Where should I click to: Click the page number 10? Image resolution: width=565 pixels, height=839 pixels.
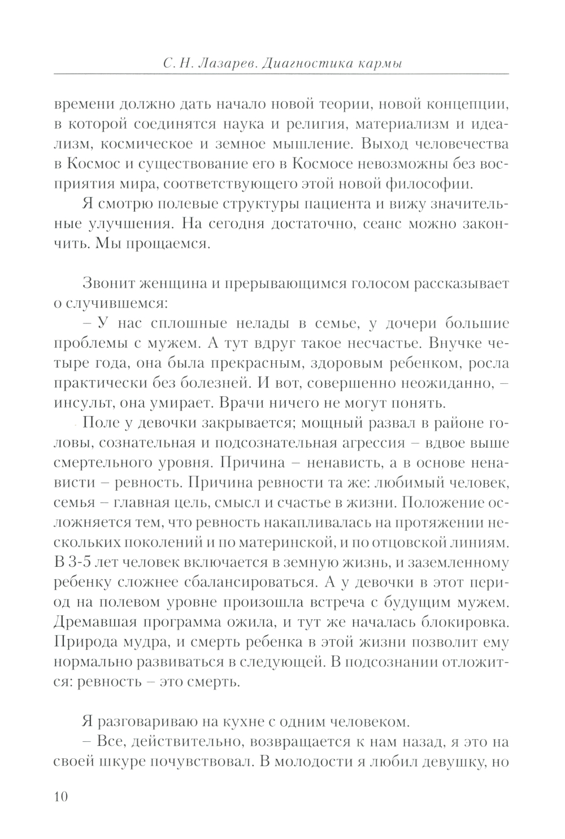(x=61, y=797)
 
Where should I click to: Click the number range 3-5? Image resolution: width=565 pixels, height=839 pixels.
(x=82, y=563)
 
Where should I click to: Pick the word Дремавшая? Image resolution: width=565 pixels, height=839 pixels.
(x=99, y=623)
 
